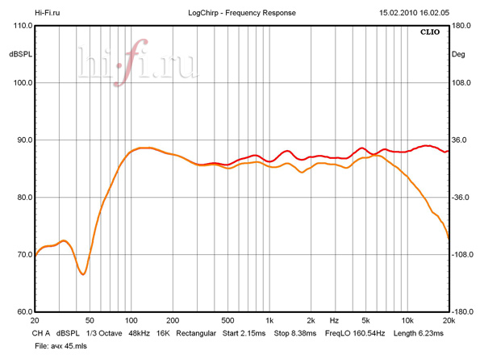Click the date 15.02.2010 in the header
coord(400,14)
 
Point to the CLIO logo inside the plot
coord(430,33)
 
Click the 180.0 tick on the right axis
coord(461,26)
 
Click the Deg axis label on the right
coord(458,55)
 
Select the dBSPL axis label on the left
coord(20,55)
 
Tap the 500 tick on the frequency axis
coord(227,320)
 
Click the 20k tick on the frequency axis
coord(449,320)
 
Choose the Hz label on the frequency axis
coord(334,320)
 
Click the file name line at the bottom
coord(62,344)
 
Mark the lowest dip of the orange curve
coord(82,274)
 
